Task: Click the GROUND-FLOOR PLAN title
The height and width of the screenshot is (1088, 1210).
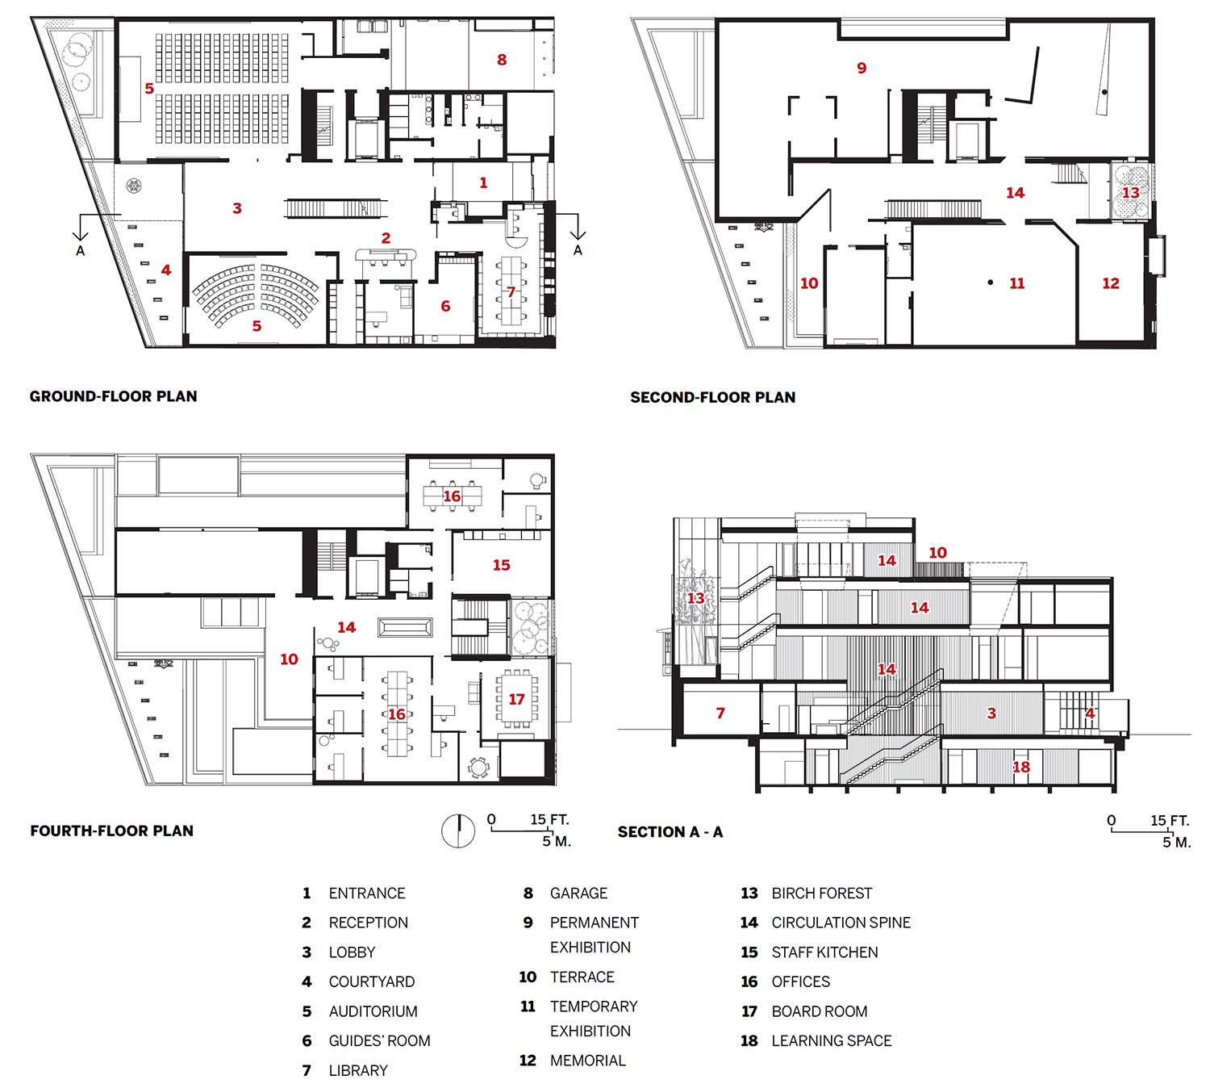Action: [x=114, y=396]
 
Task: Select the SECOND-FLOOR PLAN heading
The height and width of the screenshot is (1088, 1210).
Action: [x=713, y=397]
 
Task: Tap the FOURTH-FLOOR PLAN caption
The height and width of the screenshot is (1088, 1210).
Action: [x=111, y=831]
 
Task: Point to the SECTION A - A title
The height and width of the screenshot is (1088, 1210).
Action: [x=670, y=832]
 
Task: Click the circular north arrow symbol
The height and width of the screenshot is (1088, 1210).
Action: [x=458, y=831]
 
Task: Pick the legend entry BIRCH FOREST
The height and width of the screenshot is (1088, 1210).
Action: [x=821, y=893]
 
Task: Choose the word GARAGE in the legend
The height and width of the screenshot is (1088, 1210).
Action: [x=578, y=893]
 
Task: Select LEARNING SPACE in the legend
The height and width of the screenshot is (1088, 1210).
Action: [x=831, y=1040]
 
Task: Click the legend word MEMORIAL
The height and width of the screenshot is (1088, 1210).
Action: [x=587, y=1061]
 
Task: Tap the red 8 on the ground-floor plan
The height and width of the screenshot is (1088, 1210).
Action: [x=502, y=60]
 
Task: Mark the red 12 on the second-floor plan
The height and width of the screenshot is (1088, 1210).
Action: [x=1111, y=283]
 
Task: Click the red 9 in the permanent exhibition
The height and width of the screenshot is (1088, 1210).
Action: [x=862, y=69]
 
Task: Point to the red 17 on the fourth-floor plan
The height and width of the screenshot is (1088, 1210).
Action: [x=516, y=699]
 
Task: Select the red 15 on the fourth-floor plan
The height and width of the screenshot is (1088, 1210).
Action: [x=501, y=565]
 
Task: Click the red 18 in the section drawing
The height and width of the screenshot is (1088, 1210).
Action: [x=1020, y=768]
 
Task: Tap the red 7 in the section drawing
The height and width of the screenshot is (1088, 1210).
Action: [x=720, y=713]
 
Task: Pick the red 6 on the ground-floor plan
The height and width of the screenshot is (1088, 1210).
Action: [x=445, y=306]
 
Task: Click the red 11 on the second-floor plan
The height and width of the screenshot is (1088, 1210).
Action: [x=1017, y=283]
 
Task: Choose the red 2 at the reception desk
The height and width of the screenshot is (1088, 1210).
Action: [x=386, y=238]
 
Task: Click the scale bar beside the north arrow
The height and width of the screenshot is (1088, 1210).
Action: [x=522, y=831]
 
